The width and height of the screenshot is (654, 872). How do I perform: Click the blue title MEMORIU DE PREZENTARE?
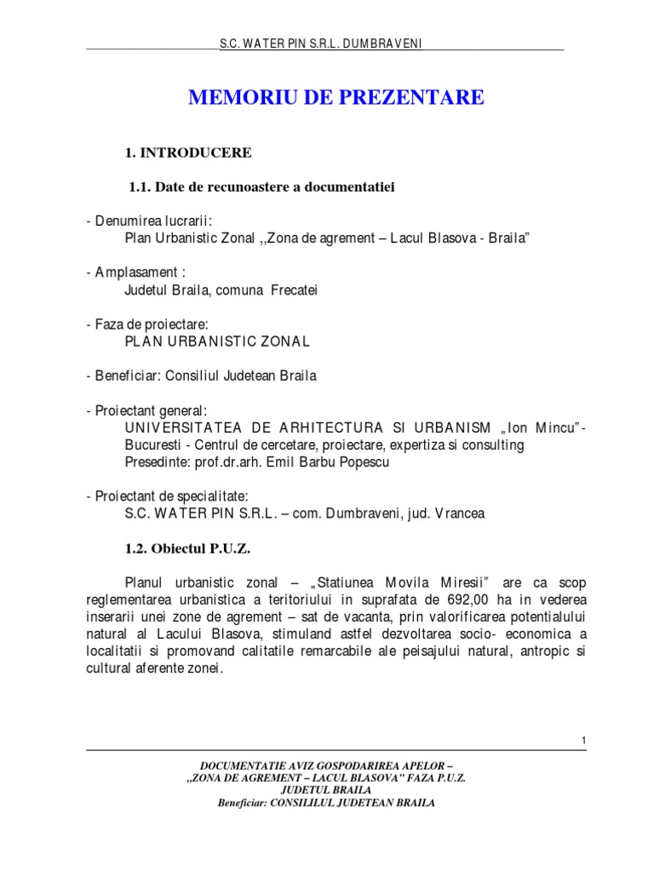pos(336,98)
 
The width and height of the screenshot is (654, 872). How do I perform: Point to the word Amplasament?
pos(135,272)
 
